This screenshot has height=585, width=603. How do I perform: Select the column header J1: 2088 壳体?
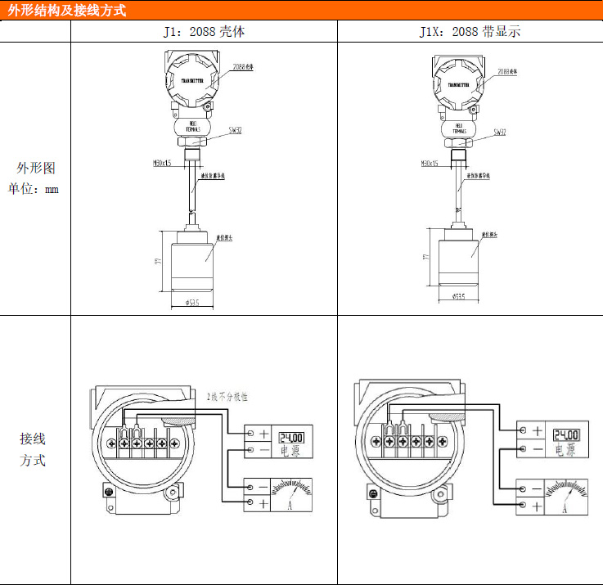click(x=205, y=32)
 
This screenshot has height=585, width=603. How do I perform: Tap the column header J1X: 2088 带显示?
click(x=470, y=32)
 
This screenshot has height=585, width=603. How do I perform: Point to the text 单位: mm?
click(x=35, y=189)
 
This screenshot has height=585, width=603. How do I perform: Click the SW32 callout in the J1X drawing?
click(x=499, y=132)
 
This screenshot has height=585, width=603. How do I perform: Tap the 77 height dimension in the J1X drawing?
click(x=426, y=256)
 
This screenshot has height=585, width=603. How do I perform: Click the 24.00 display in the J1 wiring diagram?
click(x=292, y=437)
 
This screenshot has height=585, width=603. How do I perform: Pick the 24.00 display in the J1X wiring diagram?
click(x=566, y=434)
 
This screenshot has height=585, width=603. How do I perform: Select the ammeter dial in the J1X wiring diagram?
click(x=566, y=495)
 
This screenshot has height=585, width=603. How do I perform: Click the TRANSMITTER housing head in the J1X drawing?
click(x=459, y=82)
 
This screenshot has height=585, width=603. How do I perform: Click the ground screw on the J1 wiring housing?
click(x=107, y=490)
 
